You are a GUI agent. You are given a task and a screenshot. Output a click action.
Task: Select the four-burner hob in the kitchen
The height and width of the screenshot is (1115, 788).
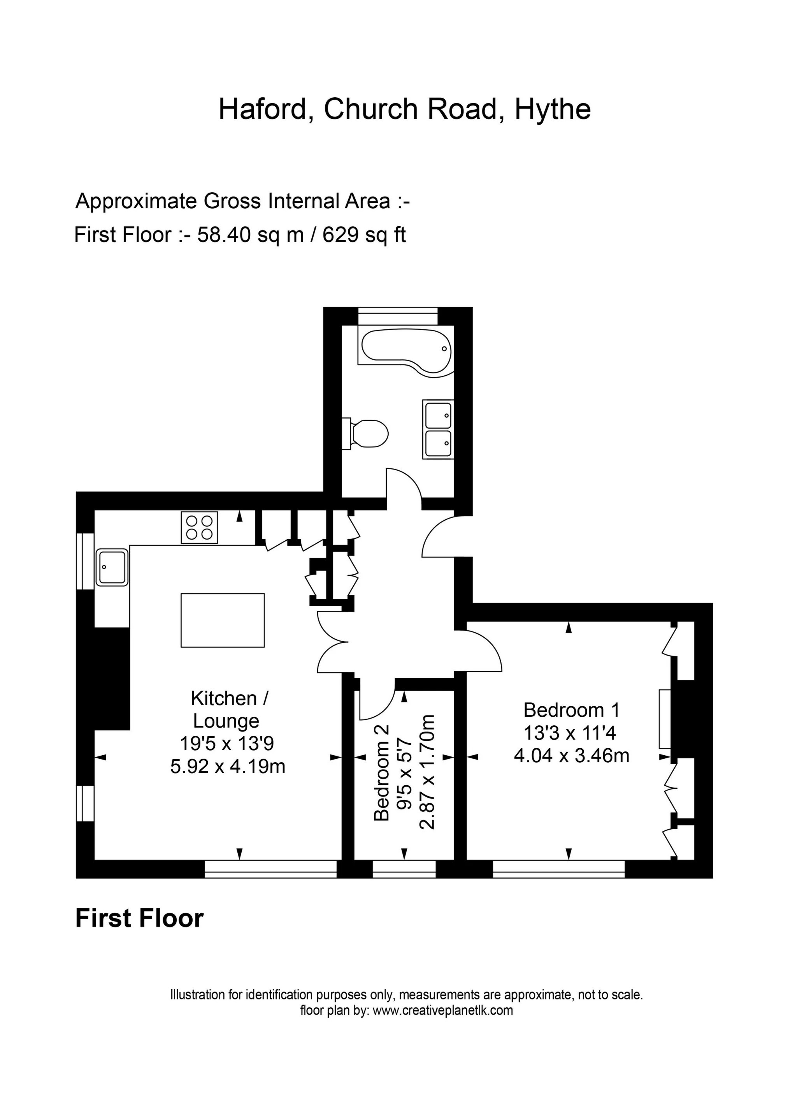pos(199,528)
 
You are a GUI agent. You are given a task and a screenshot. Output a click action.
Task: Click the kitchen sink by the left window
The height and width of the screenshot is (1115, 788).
pos(112,567)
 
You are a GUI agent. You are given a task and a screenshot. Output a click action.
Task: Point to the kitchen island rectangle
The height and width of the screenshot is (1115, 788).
pos(222,620)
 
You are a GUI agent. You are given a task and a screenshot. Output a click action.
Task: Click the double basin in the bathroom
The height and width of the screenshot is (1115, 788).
pos(438,429)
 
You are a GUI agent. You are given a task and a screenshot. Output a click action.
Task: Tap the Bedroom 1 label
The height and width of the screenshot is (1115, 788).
pos(572,711)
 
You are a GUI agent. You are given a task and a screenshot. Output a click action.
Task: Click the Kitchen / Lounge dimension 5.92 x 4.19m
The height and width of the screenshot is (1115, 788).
pos(228,766)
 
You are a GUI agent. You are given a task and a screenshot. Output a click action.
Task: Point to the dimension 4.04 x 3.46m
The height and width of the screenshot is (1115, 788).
pos(572,756)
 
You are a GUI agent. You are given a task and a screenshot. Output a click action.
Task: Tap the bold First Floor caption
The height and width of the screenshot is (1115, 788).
pos(139,918)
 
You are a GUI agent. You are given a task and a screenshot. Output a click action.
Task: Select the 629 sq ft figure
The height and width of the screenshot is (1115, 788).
pos(364,235)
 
